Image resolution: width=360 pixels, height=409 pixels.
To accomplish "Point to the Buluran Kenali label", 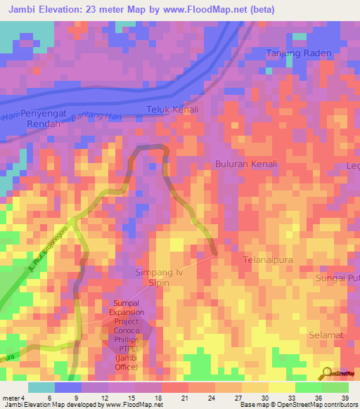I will pos(245,164).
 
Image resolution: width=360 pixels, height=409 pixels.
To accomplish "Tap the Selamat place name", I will pos(326,335).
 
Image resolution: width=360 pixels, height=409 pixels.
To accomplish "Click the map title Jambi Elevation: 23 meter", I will pos(139,10).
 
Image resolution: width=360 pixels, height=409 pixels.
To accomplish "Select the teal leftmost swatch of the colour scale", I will pos(41,387).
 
